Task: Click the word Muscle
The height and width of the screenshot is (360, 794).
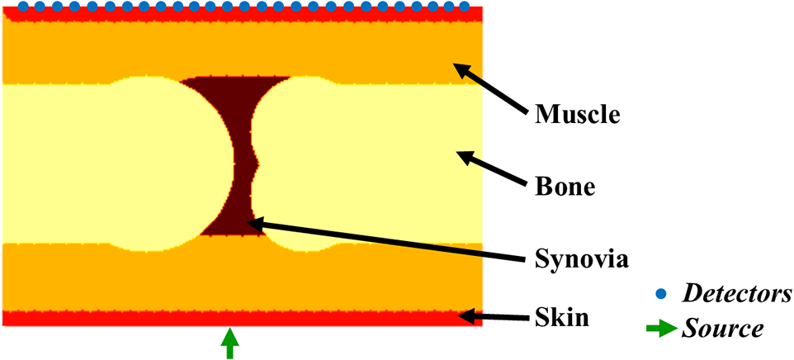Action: point(578,115)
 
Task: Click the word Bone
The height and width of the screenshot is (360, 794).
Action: point(565,188)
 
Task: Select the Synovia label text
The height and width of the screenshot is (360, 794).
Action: point(583,261)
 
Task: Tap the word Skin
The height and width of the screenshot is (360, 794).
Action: point(562,319)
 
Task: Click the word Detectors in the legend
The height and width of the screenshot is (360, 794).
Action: point(738,294)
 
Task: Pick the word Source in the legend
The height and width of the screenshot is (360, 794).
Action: point(722,329)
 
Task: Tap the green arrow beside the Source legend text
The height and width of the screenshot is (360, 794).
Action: point(662,330)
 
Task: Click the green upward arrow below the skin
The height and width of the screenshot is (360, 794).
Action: point(230,343)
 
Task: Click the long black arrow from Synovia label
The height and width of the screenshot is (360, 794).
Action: point(385,240)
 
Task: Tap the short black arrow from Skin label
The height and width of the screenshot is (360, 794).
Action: point(494,317)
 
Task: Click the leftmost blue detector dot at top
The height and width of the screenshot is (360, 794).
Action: point(22,7)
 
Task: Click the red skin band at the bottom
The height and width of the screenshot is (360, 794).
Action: point(242,318)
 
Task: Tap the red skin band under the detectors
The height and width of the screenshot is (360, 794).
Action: point(242,15)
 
